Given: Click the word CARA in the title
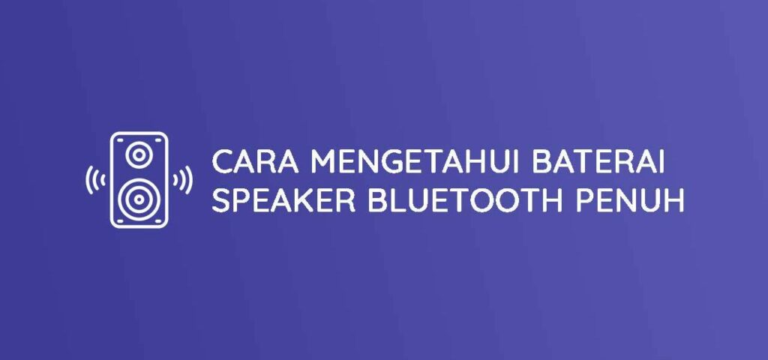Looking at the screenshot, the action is pyautogui.click(x=255, y=161).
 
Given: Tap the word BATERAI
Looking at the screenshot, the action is pyautogui.click(x=598, y=161).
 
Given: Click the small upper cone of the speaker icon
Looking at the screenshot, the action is pyautogui.click(x=139, y=154).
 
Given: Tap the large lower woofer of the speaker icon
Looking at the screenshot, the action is pyautogui.click(x=139, y=199).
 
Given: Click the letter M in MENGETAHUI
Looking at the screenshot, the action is pyautogui.click(x=322, y=161).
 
